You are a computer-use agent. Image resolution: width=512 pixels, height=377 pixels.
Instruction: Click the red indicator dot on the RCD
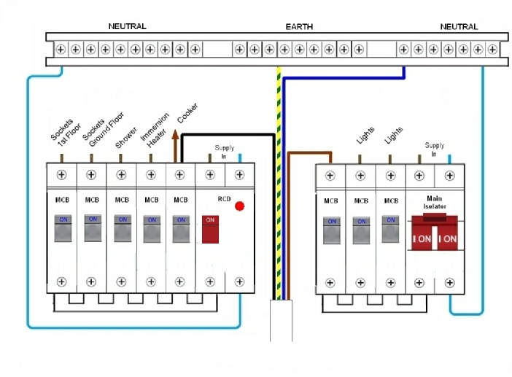coord(239,206)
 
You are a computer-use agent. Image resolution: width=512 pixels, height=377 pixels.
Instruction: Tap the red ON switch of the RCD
coord(210,229)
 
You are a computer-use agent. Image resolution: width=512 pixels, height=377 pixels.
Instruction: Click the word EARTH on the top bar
coord(299,27)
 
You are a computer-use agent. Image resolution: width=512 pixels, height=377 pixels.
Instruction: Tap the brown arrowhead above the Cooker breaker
coord(175,133)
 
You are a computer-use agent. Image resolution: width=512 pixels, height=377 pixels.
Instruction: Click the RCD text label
coord(224,198)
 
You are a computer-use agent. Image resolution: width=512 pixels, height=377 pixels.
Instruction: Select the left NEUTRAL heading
coord(127,26)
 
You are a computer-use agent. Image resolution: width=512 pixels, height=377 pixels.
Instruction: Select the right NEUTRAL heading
coord(459,27)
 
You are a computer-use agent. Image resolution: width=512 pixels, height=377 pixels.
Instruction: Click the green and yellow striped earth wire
coord(278,182)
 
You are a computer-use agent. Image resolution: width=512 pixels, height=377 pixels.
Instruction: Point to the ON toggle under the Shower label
coord(122,228)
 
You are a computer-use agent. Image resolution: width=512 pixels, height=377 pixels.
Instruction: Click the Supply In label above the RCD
coord(224,152)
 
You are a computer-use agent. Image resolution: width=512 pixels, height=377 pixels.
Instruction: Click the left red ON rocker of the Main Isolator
coord(423,238)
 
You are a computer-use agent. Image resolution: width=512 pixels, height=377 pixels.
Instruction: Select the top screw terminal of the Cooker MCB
coord(180,175)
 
